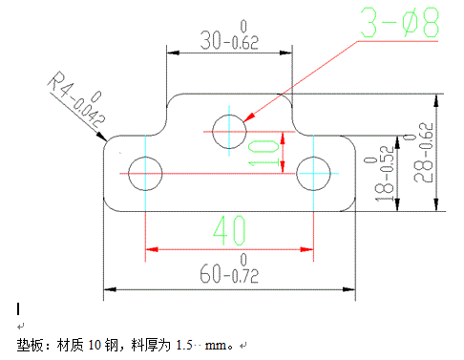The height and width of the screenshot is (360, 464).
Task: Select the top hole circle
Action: [229, 131]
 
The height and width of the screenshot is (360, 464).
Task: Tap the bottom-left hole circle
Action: [145, 173]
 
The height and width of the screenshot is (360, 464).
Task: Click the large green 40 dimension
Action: [229, 230]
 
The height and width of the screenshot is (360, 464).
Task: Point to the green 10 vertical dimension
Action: [264, 152]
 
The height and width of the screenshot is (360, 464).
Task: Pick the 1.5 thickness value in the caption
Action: [186, 344]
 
